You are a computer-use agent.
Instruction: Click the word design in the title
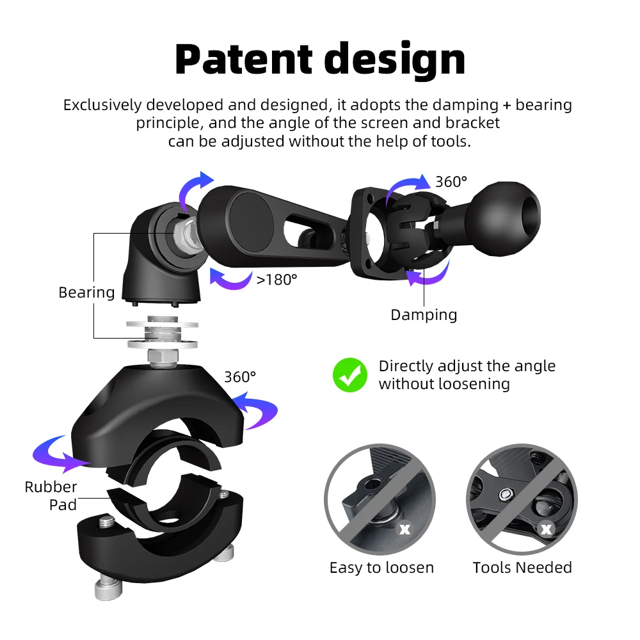[x=395, y=60]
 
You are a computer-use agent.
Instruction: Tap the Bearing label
[x=86, y=292]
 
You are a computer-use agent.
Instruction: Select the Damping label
[x=424, y=315]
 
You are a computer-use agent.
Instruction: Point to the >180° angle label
[x=276, y=280]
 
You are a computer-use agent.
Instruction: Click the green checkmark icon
[x=350, y=374]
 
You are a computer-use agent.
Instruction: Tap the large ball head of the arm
[x=506, y=218]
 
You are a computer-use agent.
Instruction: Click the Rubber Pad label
[x=51, y=495]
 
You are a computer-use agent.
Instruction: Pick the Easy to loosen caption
[x=381, y=567]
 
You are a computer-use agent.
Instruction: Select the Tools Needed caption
[x=522, y=567]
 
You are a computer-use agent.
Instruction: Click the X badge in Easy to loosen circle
[x=404, y=529]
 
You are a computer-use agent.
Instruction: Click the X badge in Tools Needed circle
[x=546, y=529]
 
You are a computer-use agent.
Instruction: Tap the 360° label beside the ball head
[x=451, y=182]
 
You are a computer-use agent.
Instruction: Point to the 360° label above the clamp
[x=240, y=377]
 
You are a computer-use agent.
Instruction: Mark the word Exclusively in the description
[x=102, y=105]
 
